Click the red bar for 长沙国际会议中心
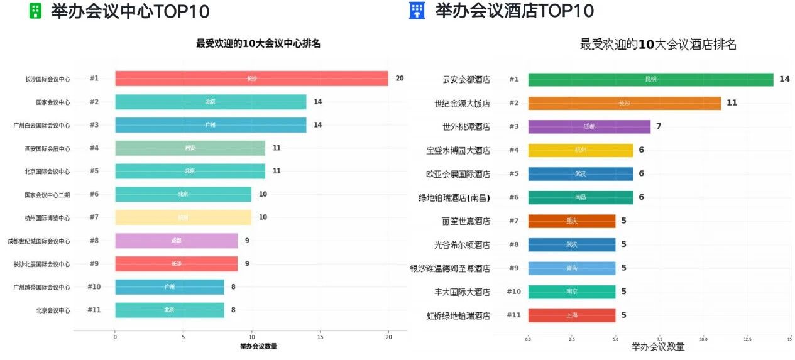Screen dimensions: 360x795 pyautogui.click(x=251, y=79)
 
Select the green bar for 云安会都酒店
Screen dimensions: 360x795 pyautogui.click(x=650, y=80)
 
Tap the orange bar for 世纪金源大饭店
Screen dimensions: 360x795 pyautogui.click(x=624, y=103)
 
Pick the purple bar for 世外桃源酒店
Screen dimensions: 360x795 pyautogui.click(x=589, y=127)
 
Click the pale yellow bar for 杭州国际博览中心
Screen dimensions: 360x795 pyautogui.click(x=183, y=218)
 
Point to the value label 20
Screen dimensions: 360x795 pyautogui.click(x=400, y=79)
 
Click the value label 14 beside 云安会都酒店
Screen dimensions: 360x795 pyautogui.click(x=784, y=79)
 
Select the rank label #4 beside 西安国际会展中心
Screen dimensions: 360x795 pyautogui.click(x=94, y=148)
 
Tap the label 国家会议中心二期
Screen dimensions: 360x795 pyautogui.click(x=47, y=195)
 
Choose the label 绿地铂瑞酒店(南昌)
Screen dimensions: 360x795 pyautogui.click(x=454, y=198)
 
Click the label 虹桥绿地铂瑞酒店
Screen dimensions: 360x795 pyautogui.click(x=458, y=315)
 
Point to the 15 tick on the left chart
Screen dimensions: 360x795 pyautogui.click(x=320, y=338)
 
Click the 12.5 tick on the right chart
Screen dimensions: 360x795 pyautogui.click(x=747, y=339)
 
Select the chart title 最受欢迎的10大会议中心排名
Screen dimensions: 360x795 pyautogui.click(x=258, y=44)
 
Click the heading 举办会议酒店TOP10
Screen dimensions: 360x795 pyautogui.click(x=514, y=11)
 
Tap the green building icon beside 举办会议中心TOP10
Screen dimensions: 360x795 pyautogui.click(x=36, y=11)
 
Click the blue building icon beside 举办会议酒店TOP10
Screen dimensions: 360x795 pyautogui.click(x=417, y=11)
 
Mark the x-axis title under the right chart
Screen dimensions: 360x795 pyautogui.click(x=658, y=347)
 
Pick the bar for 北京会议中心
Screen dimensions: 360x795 pyautogui.click(x=169, y=310)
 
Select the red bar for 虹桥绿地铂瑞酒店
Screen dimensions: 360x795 pyautogui.click(x=571, y=315)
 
